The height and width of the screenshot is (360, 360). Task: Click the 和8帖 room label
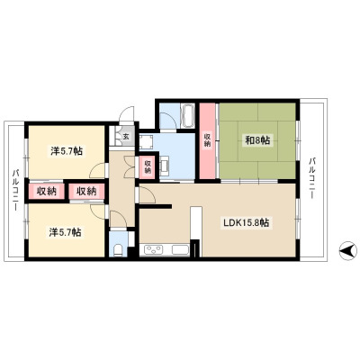257,140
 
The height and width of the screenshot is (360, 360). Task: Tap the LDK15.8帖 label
246,223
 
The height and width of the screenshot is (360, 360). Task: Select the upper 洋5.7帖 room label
67,151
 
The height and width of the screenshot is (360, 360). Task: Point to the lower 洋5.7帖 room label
65,232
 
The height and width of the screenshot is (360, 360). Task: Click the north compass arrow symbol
348,250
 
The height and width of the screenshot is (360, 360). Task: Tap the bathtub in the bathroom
188,116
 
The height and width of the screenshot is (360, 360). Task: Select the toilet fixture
119,250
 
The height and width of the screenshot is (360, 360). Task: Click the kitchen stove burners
154,249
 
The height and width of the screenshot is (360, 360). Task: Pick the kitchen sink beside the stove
180,249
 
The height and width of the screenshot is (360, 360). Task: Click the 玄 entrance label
126,137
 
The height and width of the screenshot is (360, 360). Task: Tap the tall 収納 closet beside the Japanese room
208,141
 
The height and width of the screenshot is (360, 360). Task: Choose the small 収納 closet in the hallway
148,167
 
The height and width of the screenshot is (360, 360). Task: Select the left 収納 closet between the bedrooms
47,191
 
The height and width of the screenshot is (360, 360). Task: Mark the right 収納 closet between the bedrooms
86,191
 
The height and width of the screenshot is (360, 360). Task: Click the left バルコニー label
15,190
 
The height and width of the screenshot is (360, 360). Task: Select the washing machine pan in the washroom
147,141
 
